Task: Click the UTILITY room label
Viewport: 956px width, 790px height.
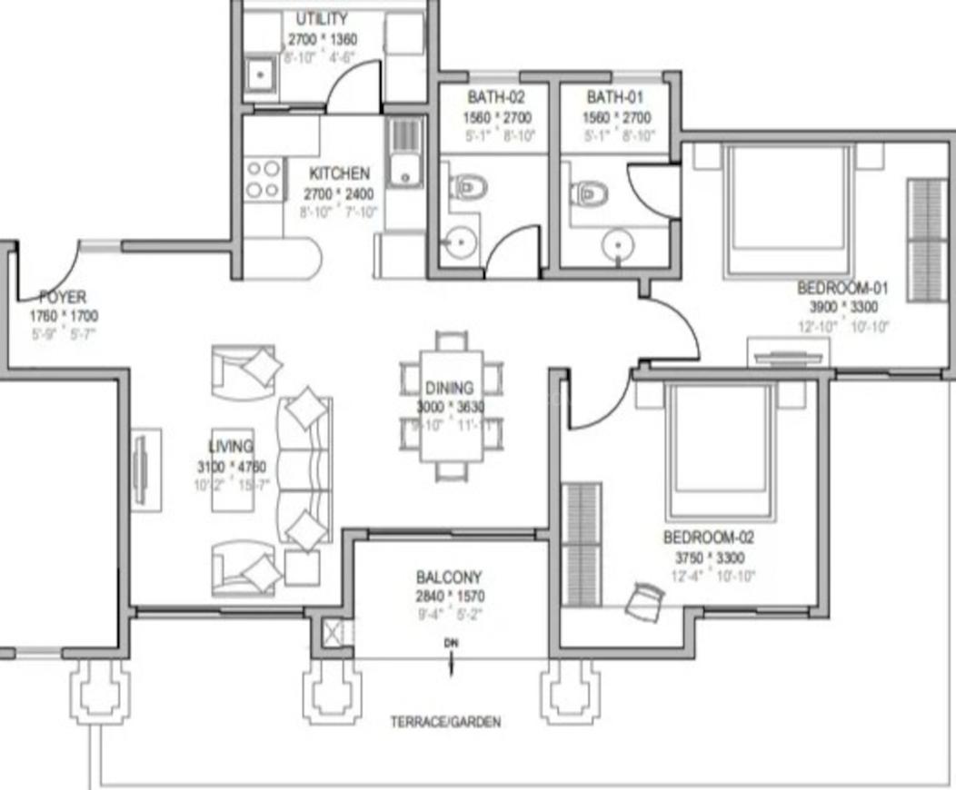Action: (322, 19)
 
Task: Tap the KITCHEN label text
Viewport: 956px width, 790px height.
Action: (339, 173)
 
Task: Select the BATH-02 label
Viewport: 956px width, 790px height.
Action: (495, 97)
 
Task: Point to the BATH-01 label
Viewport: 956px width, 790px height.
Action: (614, 97)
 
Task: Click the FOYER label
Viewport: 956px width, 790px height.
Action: (63, 297)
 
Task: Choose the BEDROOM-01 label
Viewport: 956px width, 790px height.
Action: (842, 289)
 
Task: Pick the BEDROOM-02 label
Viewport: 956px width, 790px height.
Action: (708, 537)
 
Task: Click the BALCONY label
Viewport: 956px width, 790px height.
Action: (449, 578)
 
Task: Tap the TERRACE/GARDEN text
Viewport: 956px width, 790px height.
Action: (445, 723)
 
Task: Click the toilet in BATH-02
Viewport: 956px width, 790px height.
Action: (471, 188)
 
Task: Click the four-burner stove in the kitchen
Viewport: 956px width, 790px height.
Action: (263, 179)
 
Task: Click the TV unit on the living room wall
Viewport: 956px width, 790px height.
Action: (142, 469)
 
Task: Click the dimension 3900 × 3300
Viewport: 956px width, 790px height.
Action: (841, 308)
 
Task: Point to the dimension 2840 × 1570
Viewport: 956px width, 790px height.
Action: (450, 597)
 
